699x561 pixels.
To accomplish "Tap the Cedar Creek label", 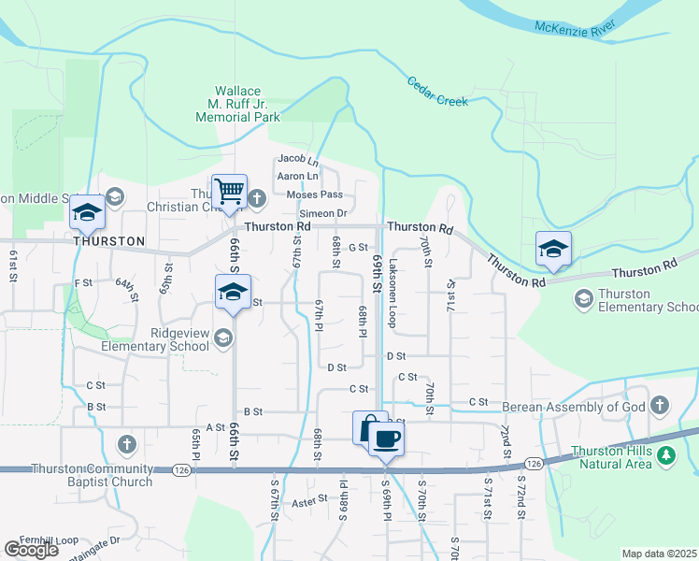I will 437,91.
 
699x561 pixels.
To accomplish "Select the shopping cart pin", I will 229,192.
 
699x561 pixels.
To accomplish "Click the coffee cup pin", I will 387,438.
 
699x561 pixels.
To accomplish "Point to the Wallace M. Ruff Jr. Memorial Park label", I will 238,104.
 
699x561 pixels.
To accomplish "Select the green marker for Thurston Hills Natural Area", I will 665,457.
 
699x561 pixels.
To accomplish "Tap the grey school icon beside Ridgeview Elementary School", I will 223,338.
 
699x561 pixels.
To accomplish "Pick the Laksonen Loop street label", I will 393,293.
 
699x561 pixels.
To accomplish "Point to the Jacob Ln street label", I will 298,161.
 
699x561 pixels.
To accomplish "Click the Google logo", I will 31,550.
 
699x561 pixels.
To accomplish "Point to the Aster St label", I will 309,502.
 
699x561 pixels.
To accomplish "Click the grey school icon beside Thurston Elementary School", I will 584,298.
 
